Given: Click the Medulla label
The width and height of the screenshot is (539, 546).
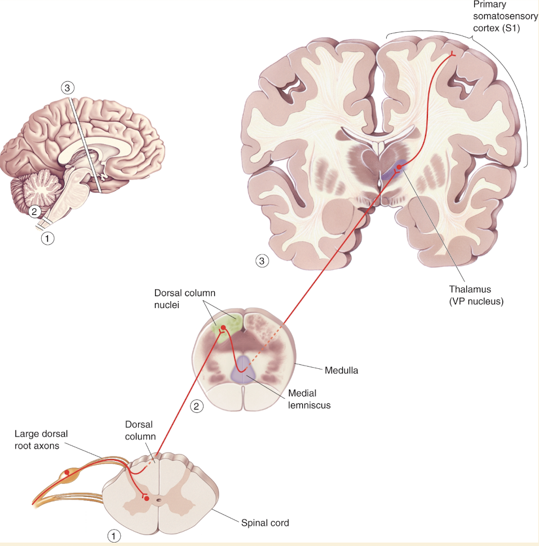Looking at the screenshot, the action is click(x=341, y=371).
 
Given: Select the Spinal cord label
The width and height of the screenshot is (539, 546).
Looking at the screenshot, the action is click(x=264, y=523).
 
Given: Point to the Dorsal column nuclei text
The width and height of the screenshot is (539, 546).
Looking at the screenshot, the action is click(x=184, y=299).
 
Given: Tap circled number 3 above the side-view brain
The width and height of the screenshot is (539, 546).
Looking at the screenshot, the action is click(x=68, y=88).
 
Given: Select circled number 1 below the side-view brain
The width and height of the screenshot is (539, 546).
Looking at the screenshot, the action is click(x=48, y=238).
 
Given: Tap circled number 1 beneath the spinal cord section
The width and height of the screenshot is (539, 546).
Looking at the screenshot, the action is click(x=114, y=535).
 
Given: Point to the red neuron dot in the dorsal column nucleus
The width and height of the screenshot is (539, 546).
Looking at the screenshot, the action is click(x=223, y=328).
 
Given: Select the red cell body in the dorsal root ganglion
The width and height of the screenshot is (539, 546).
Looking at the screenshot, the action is click(x=68, y=472).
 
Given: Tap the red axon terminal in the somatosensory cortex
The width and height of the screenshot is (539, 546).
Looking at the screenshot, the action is click(x=453, y=54).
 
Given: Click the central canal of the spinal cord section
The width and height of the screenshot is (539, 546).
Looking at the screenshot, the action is click(x=159, y=499).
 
